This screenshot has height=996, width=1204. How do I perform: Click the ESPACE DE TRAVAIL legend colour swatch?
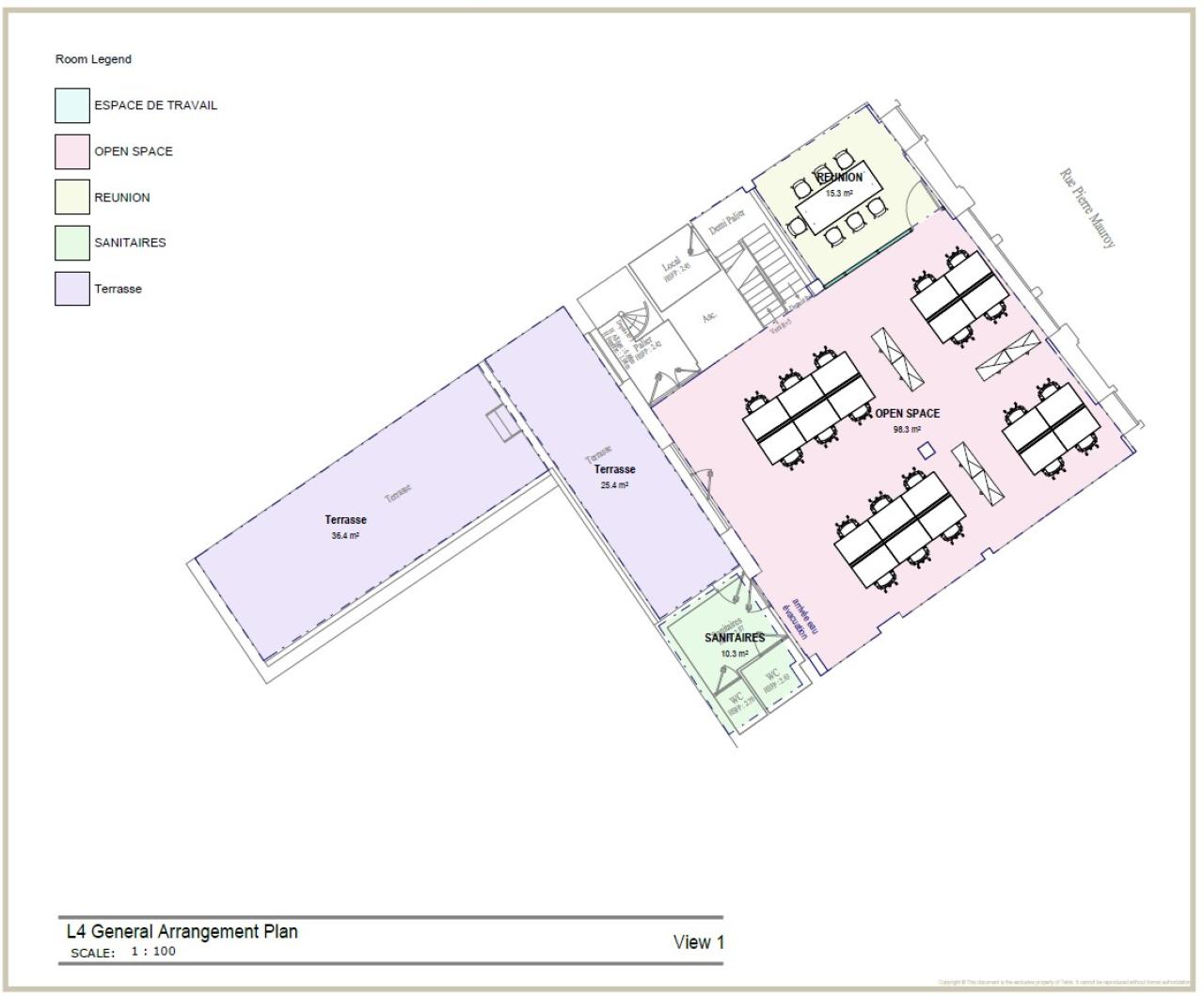point(72,105)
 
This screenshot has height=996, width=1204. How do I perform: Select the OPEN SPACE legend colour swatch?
point(72,151)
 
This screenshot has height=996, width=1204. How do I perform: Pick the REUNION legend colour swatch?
point(72,198)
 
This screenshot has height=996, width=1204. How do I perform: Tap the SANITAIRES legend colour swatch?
point(72,243)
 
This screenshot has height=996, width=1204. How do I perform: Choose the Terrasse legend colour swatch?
point(72,289)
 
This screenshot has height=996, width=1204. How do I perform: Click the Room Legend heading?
point(93,59)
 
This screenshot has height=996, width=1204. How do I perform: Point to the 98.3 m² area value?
point(907,430)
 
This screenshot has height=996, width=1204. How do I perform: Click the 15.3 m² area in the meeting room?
point(839,194)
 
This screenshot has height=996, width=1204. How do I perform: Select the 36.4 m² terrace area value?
point(345,536)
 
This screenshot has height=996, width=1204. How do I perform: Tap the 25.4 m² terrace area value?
point(614,485)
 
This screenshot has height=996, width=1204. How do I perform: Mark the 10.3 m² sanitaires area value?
point(734,654)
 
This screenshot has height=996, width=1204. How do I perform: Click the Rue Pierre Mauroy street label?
point(1087,208)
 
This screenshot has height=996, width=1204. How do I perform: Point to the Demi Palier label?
point(727,222)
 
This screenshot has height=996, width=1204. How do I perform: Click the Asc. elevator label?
point(710,317)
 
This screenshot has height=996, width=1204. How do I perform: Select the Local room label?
point(671,266)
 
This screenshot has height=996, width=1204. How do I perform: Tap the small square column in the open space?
point(927,450)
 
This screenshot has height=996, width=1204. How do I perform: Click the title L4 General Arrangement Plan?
point(182,931)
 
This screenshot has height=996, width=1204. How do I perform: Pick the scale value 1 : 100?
point(152,951)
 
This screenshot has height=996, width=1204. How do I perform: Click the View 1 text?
point(698,941)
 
